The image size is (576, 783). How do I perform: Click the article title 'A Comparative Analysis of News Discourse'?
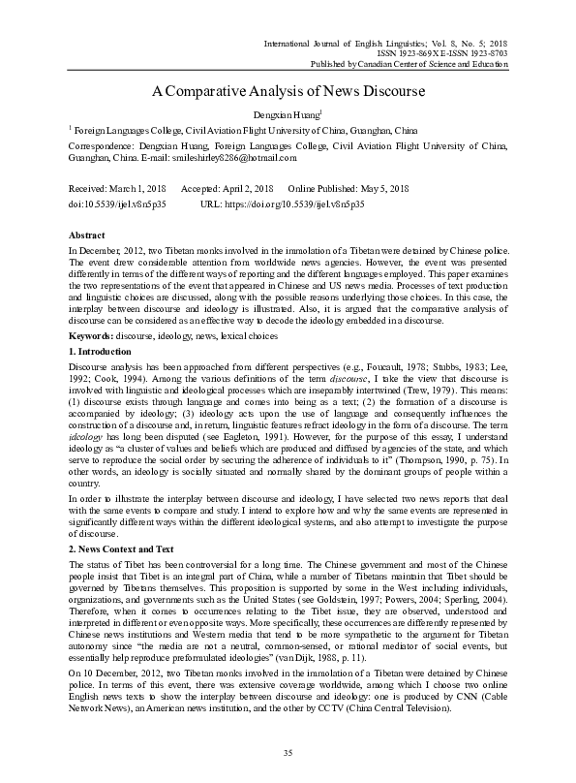288,93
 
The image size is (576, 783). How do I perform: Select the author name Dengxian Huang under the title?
287,115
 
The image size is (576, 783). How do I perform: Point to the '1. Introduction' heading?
103,348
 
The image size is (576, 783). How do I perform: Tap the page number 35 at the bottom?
288,753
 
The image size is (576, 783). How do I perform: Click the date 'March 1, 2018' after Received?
144,187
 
